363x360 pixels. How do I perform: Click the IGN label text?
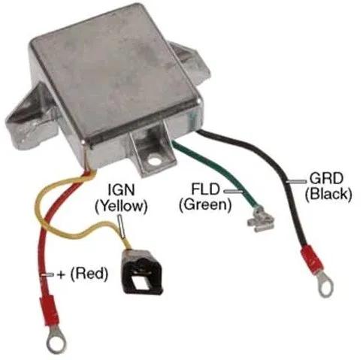tap(121, 190)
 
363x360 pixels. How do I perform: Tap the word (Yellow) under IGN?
tap(121, 206)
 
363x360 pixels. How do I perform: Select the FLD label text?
tap(205, 189)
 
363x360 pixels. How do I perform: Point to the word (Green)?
tap(205, 204)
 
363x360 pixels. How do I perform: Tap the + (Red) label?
tap(83, 274)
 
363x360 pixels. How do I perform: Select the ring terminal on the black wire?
tap(326, 286)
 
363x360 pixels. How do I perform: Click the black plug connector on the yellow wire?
tap(142, 271)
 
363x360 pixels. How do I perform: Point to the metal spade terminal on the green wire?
tap(261, 220)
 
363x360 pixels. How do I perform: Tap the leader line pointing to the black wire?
tap(297, 181)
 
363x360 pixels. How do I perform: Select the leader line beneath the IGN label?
tap(122, 225)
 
